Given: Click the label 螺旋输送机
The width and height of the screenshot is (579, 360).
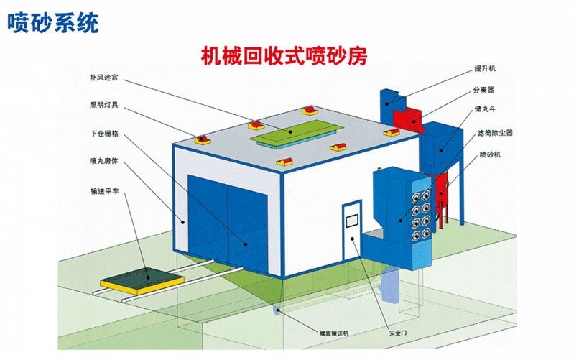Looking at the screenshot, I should pos(333,333).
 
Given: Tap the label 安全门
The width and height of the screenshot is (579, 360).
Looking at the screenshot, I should pos(398,333).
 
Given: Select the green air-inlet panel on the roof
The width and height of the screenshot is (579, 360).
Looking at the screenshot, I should pos(295,131).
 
